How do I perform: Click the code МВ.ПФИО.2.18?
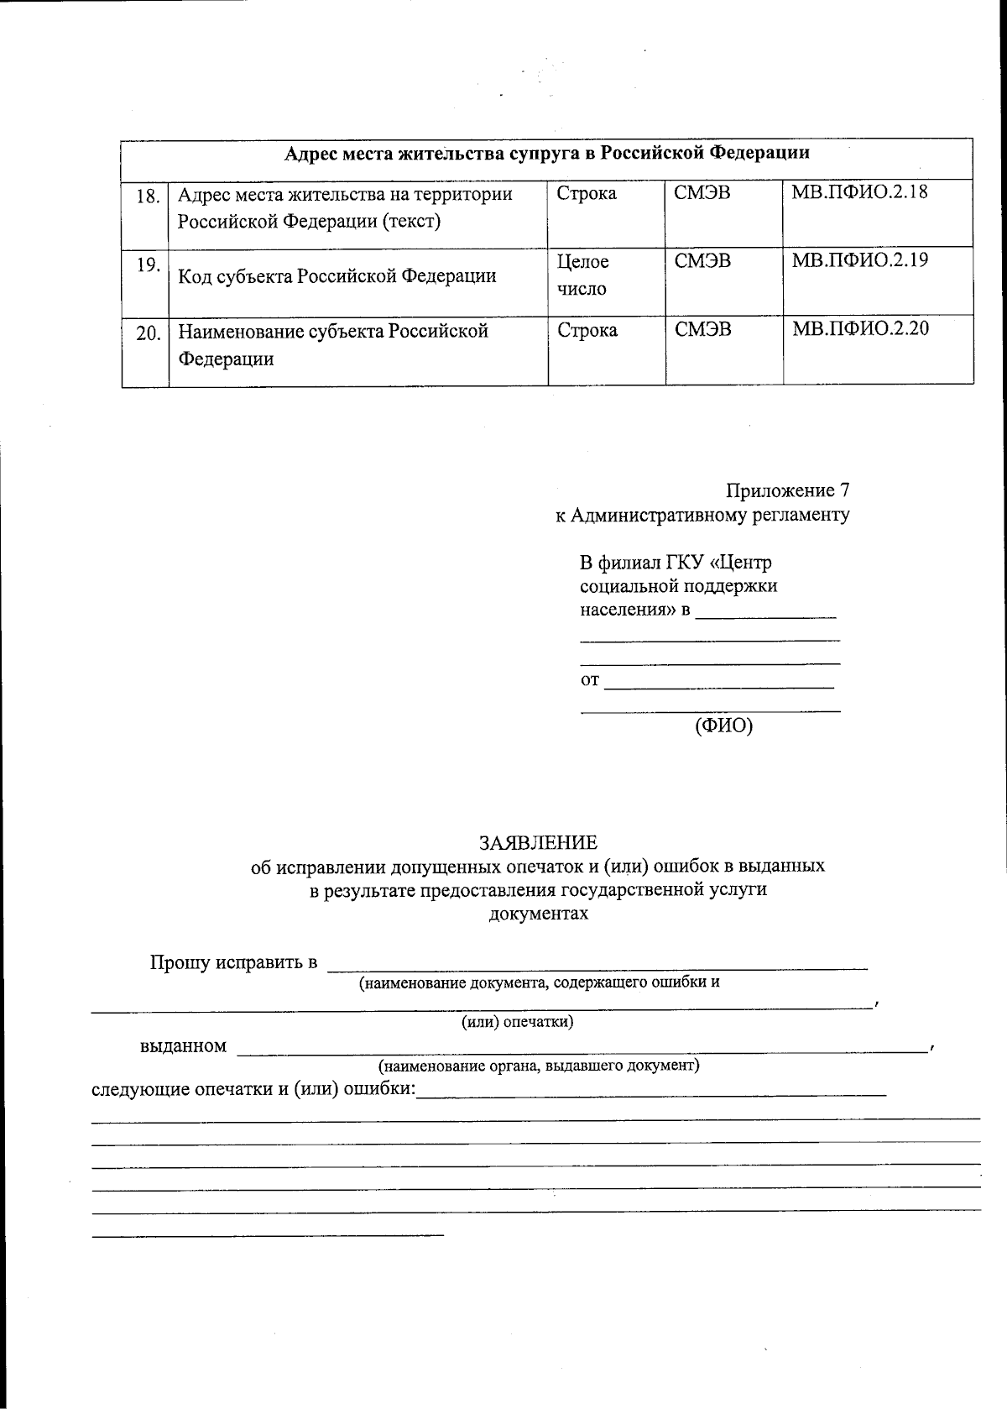click(x=859, y=191)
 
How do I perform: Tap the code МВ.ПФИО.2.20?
click(x=860, y=328)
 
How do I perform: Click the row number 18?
click(x=148, y=196)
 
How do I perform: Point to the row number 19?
click(x=148, y=265)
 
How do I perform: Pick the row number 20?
click(x=148, y=333)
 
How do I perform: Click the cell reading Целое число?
click(x=583, y=275)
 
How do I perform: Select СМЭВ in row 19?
click(x=702, y=261)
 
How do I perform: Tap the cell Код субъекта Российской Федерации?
click(x=337, y=276)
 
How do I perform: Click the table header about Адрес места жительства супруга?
click(x=547, y=153)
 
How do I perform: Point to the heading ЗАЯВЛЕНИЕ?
click(x=538, y=842)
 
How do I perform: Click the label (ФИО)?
click(x=723, y=726)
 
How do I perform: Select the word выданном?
click(x=183, y=1046)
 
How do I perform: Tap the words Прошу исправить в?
click(x=233, y=962)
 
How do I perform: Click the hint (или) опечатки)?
click(x=518, y=1022)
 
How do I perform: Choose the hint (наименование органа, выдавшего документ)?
click(x=538, y=1066)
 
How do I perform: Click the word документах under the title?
click(x=538, y=913)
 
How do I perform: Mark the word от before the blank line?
click(x=590, y=680)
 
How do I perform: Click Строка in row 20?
click(x=587, y=330)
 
